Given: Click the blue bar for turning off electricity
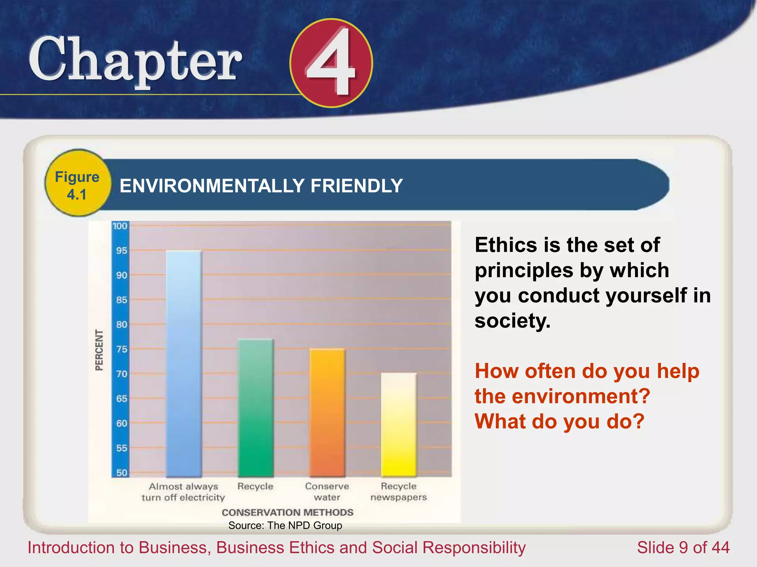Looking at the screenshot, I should [184, 364].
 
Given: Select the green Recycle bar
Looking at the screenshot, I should [255, 408].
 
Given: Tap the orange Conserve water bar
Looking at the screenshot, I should [327, 413].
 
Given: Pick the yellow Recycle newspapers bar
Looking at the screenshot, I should [398, 425].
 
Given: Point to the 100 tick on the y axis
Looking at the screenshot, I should [120, 226].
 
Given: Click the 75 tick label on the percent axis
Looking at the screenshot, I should [121, 349].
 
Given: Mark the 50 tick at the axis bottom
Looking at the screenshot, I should [121, 472].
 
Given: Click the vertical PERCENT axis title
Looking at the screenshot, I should [99, 350].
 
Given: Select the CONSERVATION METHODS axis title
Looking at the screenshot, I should [287, 512].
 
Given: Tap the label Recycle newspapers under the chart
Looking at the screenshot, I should [398, 492].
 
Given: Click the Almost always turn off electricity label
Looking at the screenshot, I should [183, 492].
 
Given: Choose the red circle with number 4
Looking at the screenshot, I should [331, 63].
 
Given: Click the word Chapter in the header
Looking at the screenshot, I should [135, 60].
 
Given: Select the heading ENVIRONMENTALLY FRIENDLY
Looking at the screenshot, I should [261, 186].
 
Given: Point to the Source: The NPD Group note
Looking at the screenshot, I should [285, 525].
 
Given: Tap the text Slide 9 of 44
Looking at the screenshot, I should [683, 547].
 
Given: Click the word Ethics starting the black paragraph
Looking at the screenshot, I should [506, 245].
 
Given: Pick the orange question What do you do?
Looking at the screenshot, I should [559, 421].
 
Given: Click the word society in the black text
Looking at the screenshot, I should [512, 320].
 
